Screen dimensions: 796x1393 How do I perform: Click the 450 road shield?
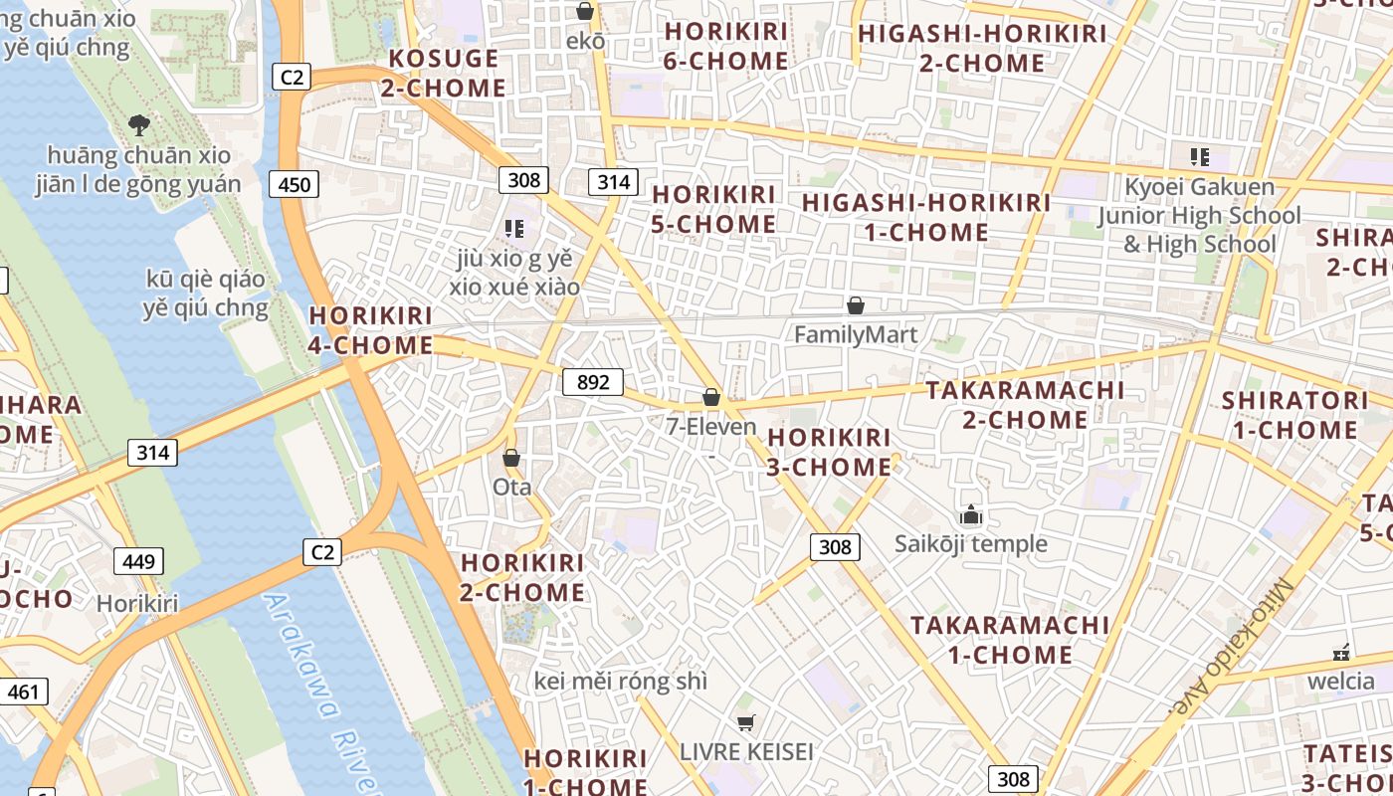(x=294, y=183)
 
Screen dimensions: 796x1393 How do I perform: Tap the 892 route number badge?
(x=593, y=382)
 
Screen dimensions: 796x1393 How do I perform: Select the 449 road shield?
(x=138, y=561)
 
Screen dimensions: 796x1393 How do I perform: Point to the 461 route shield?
(x=23, y=692)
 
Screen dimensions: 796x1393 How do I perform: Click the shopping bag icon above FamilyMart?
(x=855, y=305)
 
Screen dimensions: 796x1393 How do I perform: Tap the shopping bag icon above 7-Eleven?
(x=710, y=397)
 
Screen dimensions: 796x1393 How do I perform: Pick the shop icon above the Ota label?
(x=511, y=458)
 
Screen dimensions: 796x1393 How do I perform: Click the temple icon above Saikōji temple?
(x=970, y=514)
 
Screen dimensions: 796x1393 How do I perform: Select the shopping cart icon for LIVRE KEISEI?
(x=746, y=722)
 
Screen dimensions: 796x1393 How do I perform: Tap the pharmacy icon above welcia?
(x=1341, y=653)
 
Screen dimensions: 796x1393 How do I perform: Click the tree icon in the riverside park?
(x=139, y=124)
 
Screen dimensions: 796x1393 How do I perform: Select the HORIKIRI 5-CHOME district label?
(x=713, y=209)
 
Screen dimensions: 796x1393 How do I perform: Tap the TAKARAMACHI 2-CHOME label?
(x=1025, y=404)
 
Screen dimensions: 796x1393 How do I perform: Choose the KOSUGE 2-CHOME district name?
(x=444, y=73)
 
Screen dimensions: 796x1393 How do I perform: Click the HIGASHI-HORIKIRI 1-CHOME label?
(x=926, y=217)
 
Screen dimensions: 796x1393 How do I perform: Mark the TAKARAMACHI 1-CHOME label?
(x=1010, y=640)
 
